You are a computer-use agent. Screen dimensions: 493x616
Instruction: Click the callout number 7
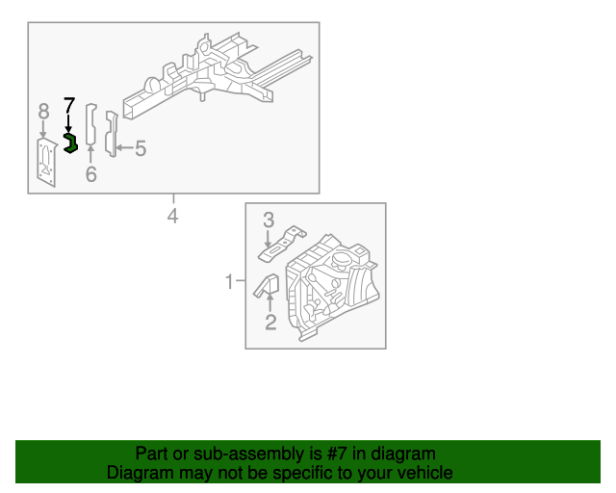pos(68,105)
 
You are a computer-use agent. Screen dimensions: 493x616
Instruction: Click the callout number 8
pos(43,113)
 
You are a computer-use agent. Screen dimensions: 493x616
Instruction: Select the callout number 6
pos(91,174)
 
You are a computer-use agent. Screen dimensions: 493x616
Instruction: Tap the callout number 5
pos(141,148)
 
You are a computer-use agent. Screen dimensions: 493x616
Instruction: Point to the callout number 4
pos(172,216)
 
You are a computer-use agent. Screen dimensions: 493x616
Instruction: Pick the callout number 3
pos(269,221)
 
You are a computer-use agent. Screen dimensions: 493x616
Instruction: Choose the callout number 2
pos(270,323)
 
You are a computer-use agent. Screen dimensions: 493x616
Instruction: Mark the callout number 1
pos(229,282)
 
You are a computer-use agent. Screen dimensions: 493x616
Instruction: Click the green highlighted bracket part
pos(69,143)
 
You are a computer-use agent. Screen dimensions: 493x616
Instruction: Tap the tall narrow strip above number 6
pos(90,125)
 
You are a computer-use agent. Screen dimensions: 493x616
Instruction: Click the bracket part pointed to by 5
pos(111,135)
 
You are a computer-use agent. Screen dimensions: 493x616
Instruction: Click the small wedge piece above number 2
pos(267,286)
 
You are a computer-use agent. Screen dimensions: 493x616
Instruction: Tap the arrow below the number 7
pos(68,123)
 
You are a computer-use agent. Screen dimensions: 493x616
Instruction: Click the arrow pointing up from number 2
pos(270,305)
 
